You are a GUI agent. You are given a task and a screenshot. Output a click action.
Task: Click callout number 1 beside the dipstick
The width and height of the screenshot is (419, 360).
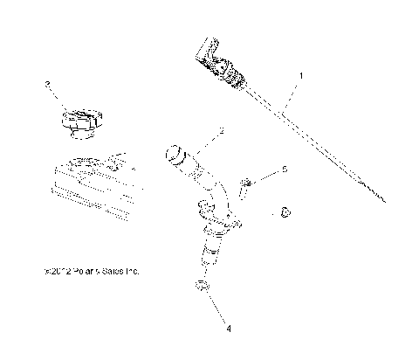pos(302,77)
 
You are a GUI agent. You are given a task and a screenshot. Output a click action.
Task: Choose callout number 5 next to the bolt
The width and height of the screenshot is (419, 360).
pos(283,170)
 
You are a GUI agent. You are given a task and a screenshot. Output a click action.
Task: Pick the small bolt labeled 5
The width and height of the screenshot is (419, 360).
pos(246,184)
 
